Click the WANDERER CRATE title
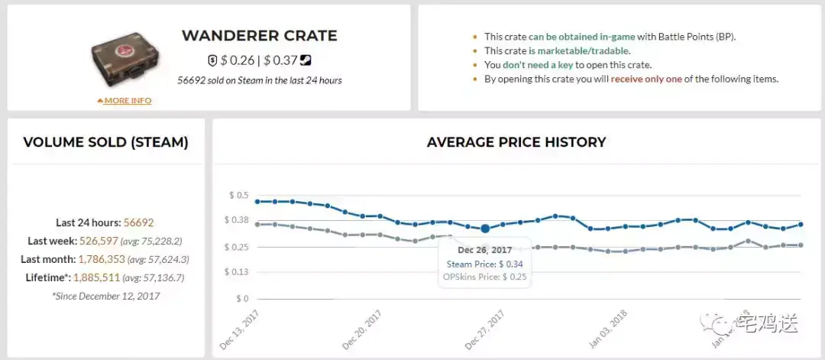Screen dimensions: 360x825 tap(259, 36)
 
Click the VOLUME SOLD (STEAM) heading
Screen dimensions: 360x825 tap(106, 142)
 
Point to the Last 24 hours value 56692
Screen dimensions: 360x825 tap(139, 223)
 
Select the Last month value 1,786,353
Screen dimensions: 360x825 tap(123, 260)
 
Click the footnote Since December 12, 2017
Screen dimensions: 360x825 tap(106, 296)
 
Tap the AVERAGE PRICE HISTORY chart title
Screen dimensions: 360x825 tap(516, 142)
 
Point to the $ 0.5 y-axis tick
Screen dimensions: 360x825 tap(239, 196)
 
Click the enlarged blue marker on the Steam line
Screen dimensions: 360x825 tap(485, 229)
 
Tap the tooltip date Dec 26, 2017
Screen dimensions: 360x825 tap(485, 250)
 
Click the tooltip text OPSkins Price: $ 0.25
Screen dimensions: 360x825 tap(485, 276)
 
